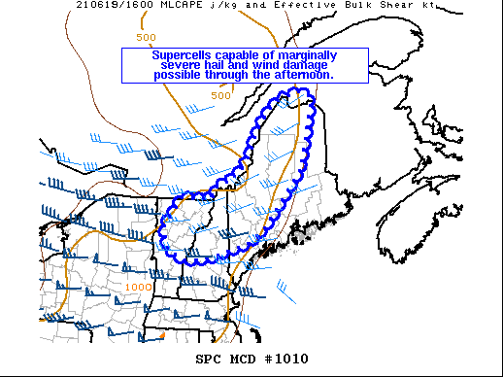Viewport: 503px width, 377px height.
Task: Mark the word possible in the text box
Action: pyautogui.click(x=180, y=75)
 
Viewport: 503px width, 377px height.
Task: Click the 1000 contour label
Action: pyautogui.click(x=138, y=288)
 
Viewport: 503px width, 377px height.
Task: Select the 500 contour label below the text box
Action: pyautogui.click(x=220, y=95)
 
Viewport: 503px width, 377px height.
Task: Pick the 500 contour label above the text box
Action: pyautogui.click(x=146, y=37)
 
